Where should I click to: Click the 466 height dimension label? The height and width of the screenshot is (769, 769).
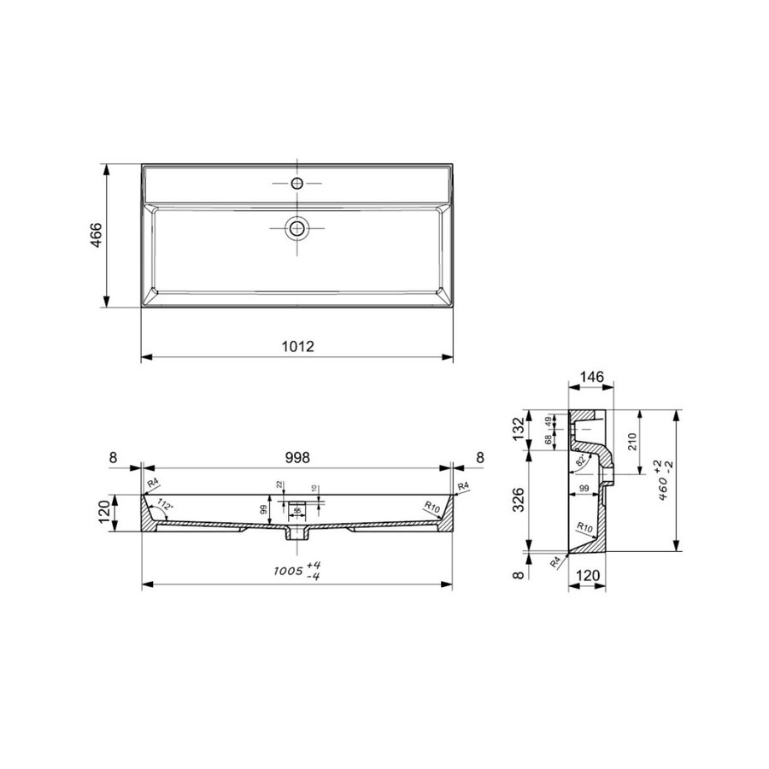pyautogui.click(x=96, y=235)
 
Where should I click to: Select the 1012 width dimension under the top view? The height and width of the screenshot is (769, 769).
pyautogui.click(x=297, y=347)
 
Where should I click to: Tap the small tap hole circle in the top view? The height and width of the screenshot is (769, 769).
pyautogui.click(x=296, y=184)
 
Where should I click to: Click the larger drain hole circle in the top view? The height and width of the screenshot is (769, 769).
pyautogui.click(x=296, y=227)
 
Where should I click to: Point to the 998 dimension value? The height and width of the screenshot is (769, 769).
pyautogui.click(x=297, y=457)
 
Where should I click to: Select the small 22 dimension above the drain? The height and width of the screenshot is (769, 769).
pyautogui.click(x=279, y=486)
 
